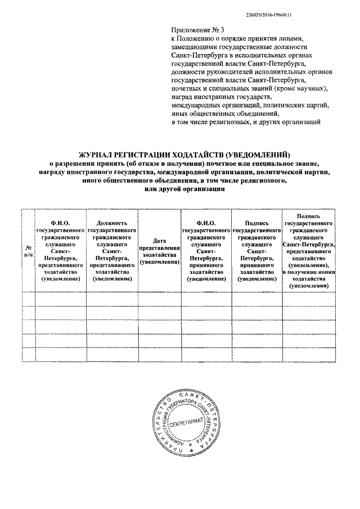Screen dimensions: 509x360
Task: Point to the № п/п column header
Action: coord(28,251)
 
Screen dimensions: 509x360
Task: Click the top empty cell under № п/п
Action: coord(28,299)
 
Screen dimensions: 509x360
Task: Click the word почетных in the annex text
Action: coord(186,89)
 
